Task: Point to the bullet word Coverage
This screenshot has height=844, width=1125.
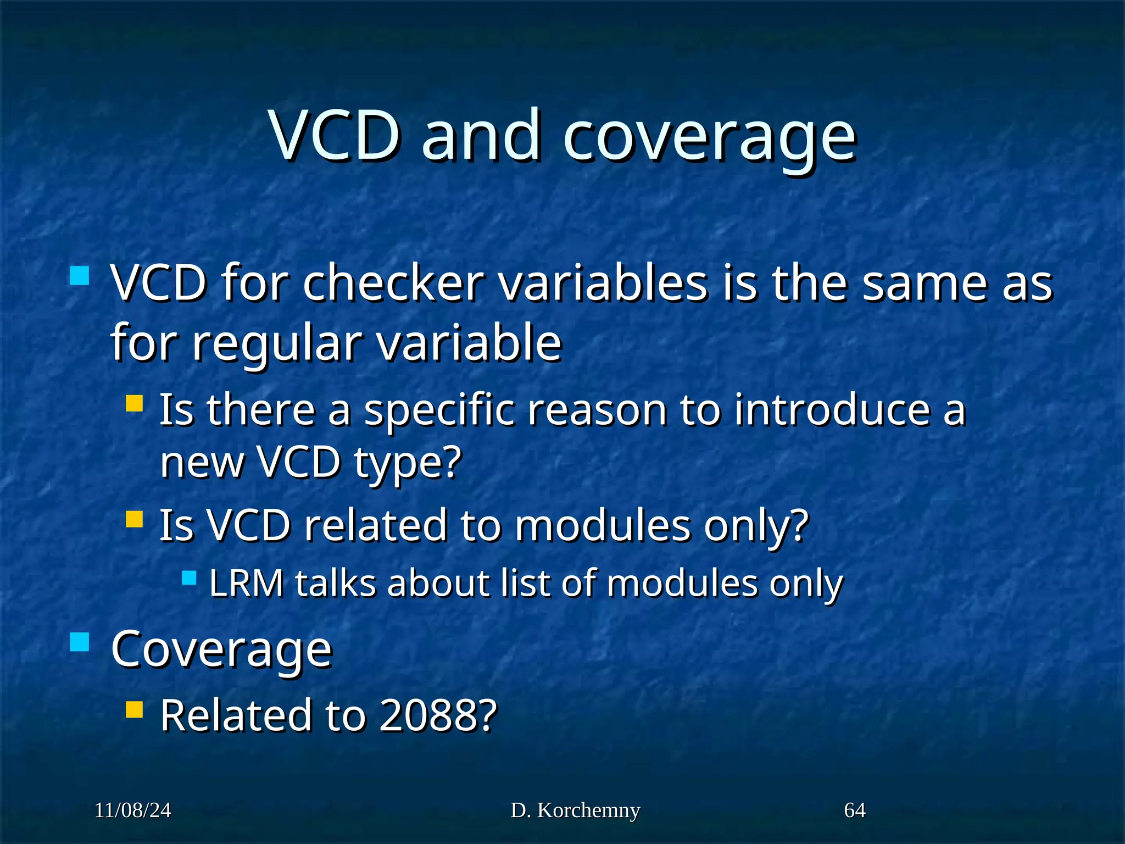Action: [x=221, y=649]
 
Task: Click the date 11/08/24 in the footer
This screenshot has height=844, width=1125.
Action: [x=133, y=810]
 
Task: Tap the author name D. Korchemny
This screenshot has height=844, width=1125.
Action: [x=575, y=810]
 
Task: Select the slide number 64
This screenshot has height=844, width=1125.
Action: [x=855, y=810]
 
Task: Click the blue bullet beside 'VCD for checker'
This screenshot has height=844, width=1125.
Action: [x=80, y=275]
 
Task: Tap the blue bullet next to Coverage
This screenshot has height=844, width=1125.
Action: [x=80, y=641]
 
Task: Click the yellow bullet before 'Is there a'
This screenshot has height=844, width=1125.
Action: [x=134, y=404]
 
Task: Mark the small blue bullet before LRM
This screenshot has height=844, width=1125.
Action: [x=189, y=578]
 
